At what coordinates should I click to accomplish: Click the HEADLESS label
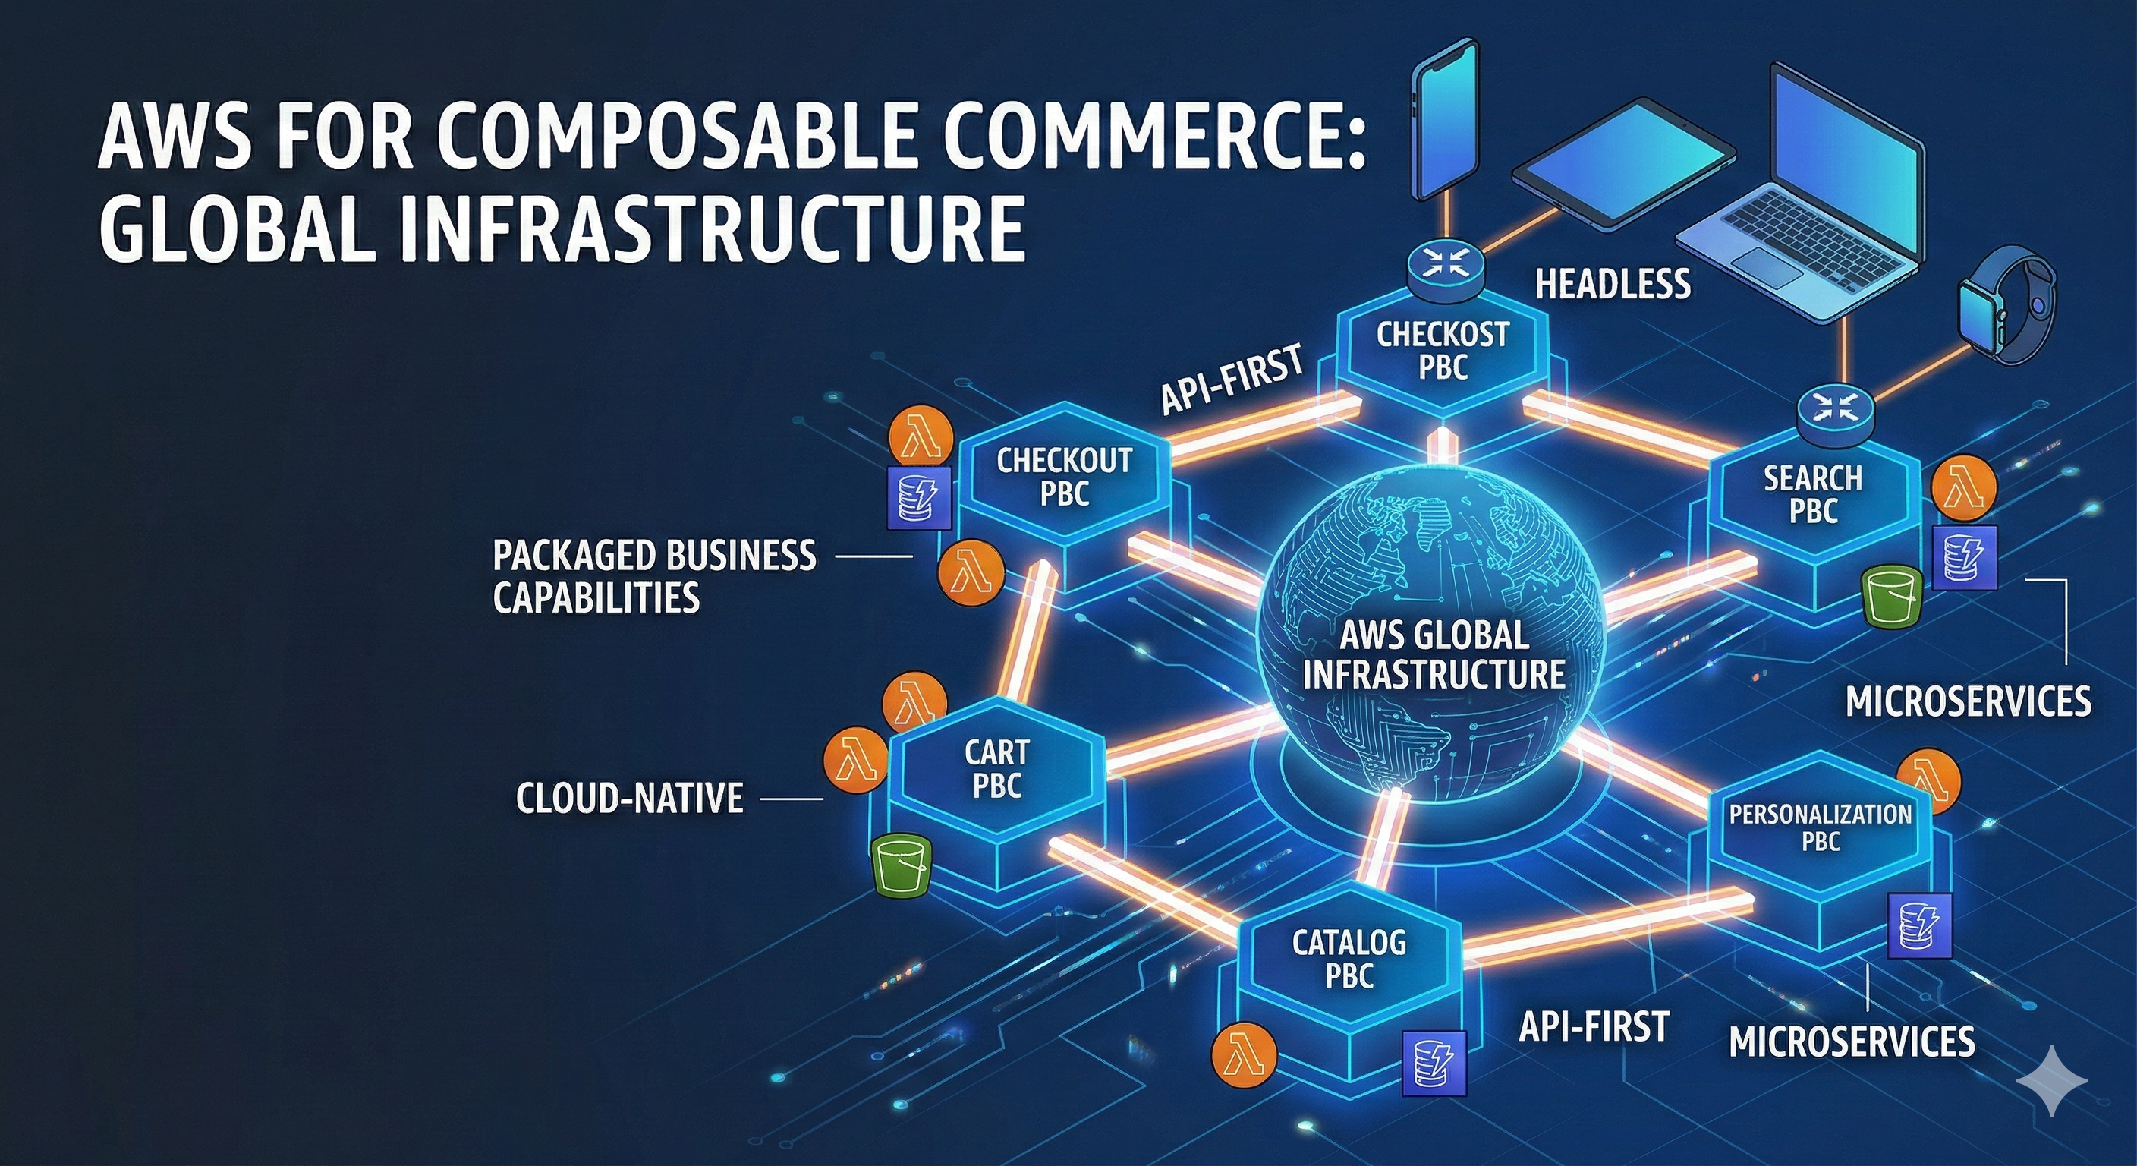coord(1613,285)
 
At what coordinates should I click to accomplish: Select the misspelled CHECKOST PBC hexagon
coord(1443,350)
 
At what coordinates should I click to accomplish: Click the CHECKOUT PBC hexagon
coord(1065,477)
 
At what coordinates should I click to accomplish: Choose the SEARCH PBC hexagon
coord(1813,495)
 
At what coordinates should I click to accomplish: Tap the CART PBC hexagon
coord(996,769)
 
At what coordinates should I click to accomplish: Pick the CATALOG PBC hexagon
coord(1349,960)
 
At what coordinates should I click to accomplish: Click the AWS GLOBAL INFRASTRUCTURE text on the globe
coord(1434,656)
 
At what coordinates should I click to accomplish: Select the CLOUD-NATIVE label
coord(630,799)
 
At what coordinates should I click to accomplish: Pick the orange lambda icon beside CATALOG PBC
coord(1244,1054)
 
